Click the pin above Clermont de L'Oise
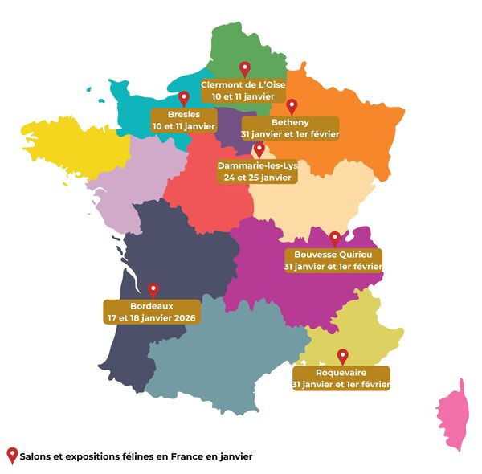coord(246,69)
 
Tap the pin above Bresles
coord(184,98)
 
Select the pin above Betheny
coord(292,105)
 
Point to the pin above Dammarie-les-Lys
coord(259,150)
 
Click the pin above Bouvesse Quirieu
coord(335,239)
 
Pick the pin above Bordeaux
coord(153,289)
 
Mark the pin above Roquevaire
coord(343,356)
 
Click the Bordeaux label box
coord(151,312)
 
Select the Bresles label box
coord(184,121)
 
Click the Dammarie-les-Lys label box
coord(258,171)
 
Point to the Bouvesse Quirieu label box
coord(333,260)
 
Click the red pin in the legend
coord(11,456)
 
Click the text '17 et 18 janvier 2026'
coord(151,317)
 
